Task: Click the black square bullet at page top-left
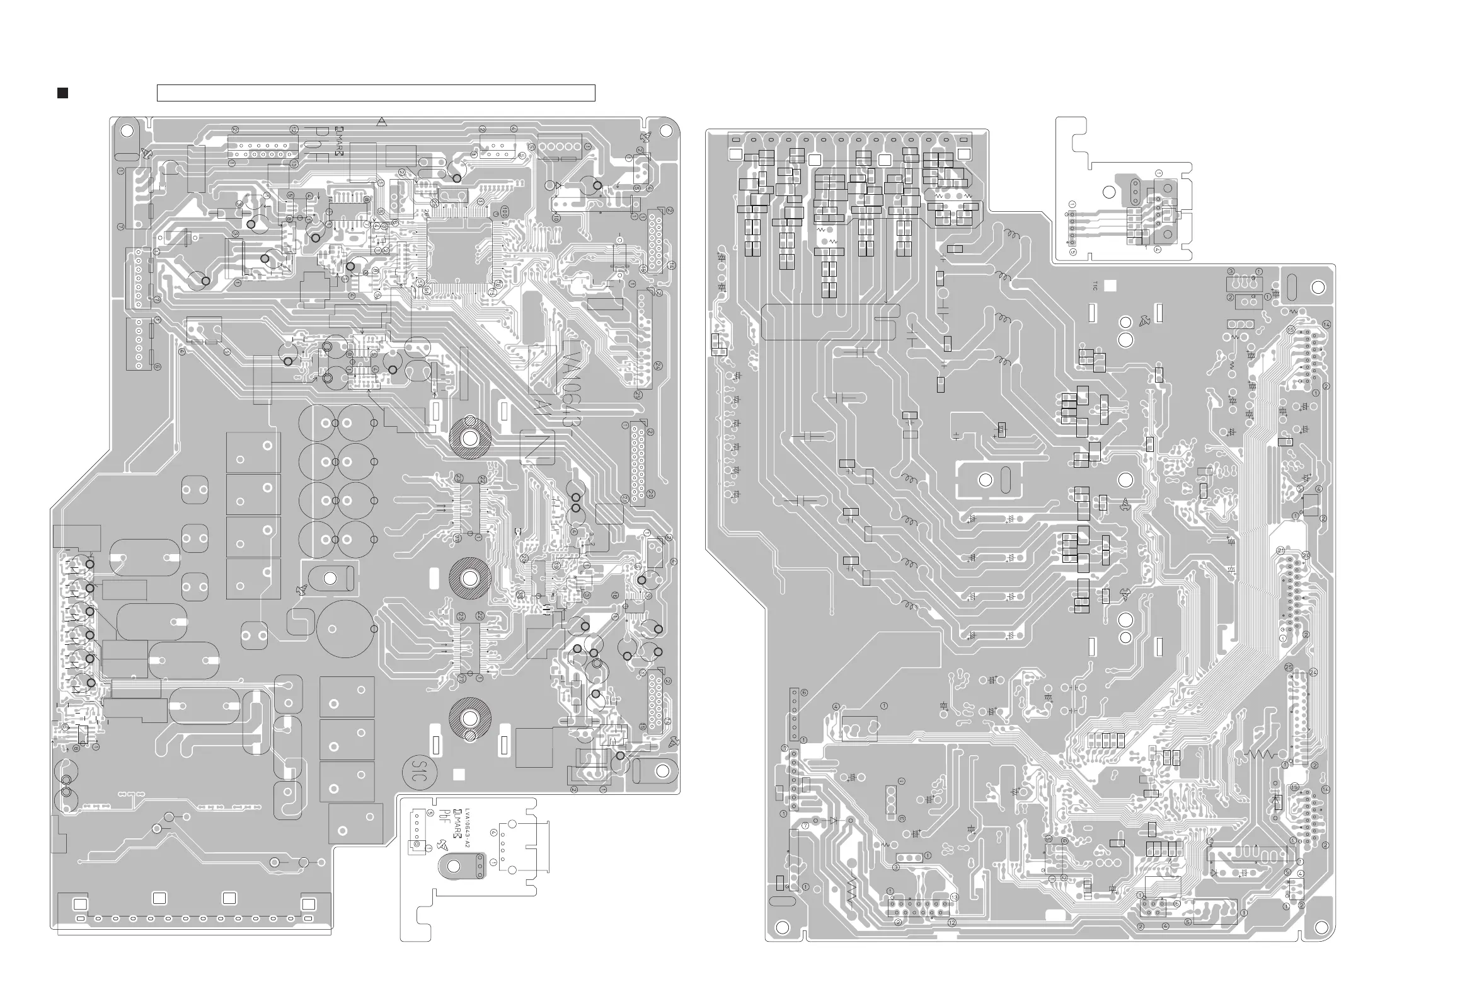point(63,93)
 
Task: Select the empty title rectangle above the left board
point(376,93)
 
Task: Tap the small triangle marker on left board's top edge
point(381,121)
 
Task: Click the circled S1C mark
point(418,771)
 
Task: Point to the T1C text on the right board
point(1095,286)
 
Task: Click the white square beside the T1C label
point(1110,286)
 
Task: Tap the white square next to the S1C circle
point(459,774)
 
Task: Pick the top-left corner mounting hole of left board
point(127,131)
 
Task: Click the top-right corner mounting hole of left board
point(665,130)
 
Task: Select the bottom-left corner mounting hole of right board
point(782,927)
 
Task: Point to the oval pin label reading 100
point(505,211)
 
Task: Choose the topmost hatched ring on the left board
point(470,437)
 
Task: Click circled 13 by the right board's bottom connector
point(955,897)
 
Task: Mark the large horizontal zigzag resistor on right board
point(1261,755)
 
